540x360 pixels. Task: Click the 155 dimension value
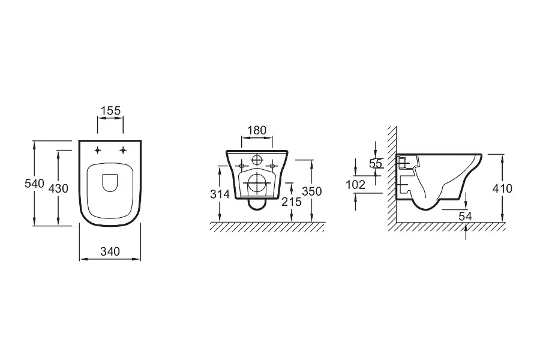click(110, 110)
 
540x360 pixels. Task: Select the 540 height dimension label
click(35, 184)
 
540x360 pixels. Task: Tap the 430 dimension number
click(58, 188)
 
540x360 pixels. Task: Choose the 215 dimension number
click(292, 202)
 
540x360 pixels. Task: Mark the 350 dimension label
click(312, 191)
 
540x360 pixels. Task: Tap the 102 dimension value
click(356, 185)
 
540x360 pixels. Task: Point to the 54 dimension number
click(465, 215)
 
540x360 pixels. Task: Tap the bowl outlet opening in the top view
click(110, 182)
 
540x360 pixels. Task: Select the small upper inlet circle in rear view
click(257, 160)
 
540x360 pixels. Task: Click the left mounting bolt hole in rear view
click(242, 164)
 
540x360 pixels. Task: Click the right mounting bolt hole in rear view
click(272, 164)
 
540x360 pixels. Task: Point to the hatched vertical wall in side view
click(391, 180)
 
